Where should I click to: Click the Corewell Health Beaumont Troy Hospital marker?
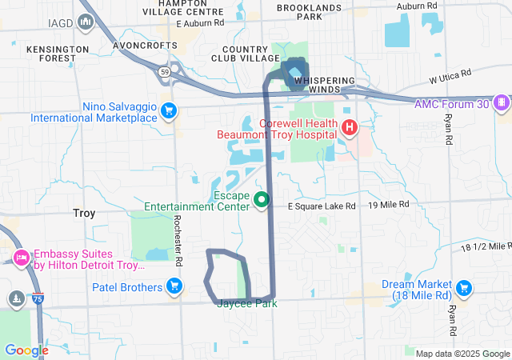click(x=349, y=127)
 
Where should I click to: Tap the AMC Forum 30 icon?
click(x=502, y=102)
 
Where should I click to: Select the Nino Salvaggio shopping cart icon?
click(x=168, y=110)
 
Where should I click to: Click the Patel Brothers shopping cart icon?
click(x=174, y=286)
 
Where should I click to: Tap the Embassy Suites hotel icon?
click(x=21, y=257)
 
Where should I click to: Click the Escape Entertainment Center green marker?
click(x=260, y=200)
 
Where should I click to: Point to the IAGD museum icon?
click(x=86, y=20)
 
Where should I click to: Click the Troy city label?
click(x=83, y=214)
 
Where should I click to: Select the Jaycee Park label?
click(x=246, y=303)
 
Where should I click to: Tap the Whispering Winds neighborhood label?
click(x=329, y=84)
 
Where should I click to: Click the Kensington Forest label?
click(x=57, y=54)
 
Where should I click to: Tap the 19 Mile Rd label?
click(x=389, y=205)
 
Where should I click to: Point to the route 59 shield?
click(x=163, y=71)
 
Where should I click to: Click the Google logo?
click(x=26, y=350)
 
